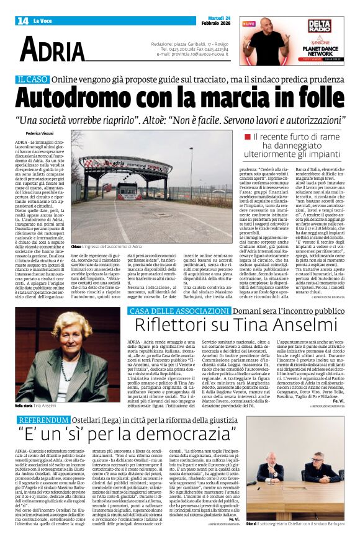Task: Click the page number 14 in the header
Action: point(22,20)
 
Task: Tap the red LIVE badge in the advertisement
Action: point(248,24)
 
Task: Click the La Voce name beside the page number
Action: point(43,21)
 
